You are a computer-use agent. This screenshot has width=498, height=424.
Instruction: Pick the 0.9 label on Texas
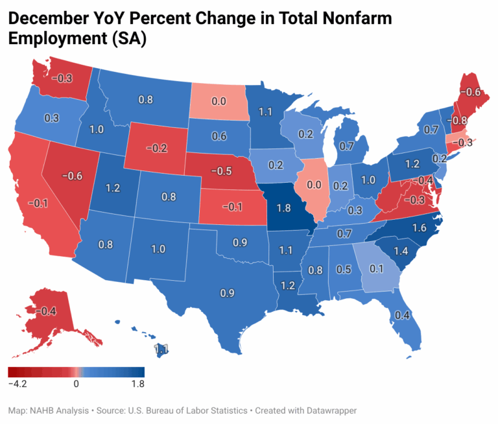tap(228, 294)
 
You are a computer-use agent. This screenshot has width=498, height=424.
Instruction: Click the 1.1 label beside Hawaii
tap(161, 349)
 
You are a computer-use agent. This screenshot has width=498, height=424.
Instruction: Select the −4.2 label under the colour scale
tap(19, 383)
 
